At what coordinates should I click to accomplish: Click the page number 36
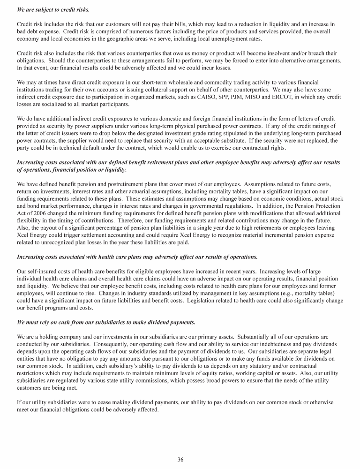click(x=180, y=459)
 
